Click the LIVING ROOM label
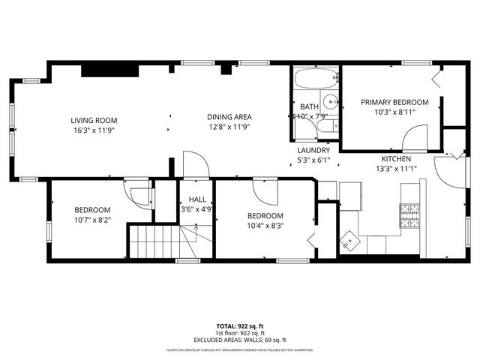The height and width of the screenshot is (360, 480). (94, 120)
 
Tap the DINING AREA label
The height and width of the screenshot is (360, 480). (229, 116)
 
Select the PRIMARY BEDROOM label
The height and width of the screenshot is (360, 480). (394, 102)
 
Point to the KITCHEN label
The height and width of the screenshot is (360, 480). (396, 159)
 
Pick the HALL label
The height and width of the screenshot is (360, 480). (197, 199)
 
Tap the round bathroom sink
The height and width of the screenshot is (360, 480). (329, 103)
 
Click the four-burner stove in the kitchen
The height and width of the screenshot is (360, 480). (409, 216)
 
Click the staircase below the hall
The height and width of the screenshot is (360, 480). (155, 241)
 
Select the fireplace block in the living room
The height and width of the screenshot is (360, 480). (109, 70)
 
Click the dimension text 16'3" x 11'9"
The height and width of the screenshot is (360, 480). (94, 130)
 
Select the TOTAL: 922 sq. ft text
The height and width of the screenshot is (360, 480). (240, 326)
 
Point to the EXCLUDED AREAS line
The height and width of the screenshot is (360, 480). (240, 340)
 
